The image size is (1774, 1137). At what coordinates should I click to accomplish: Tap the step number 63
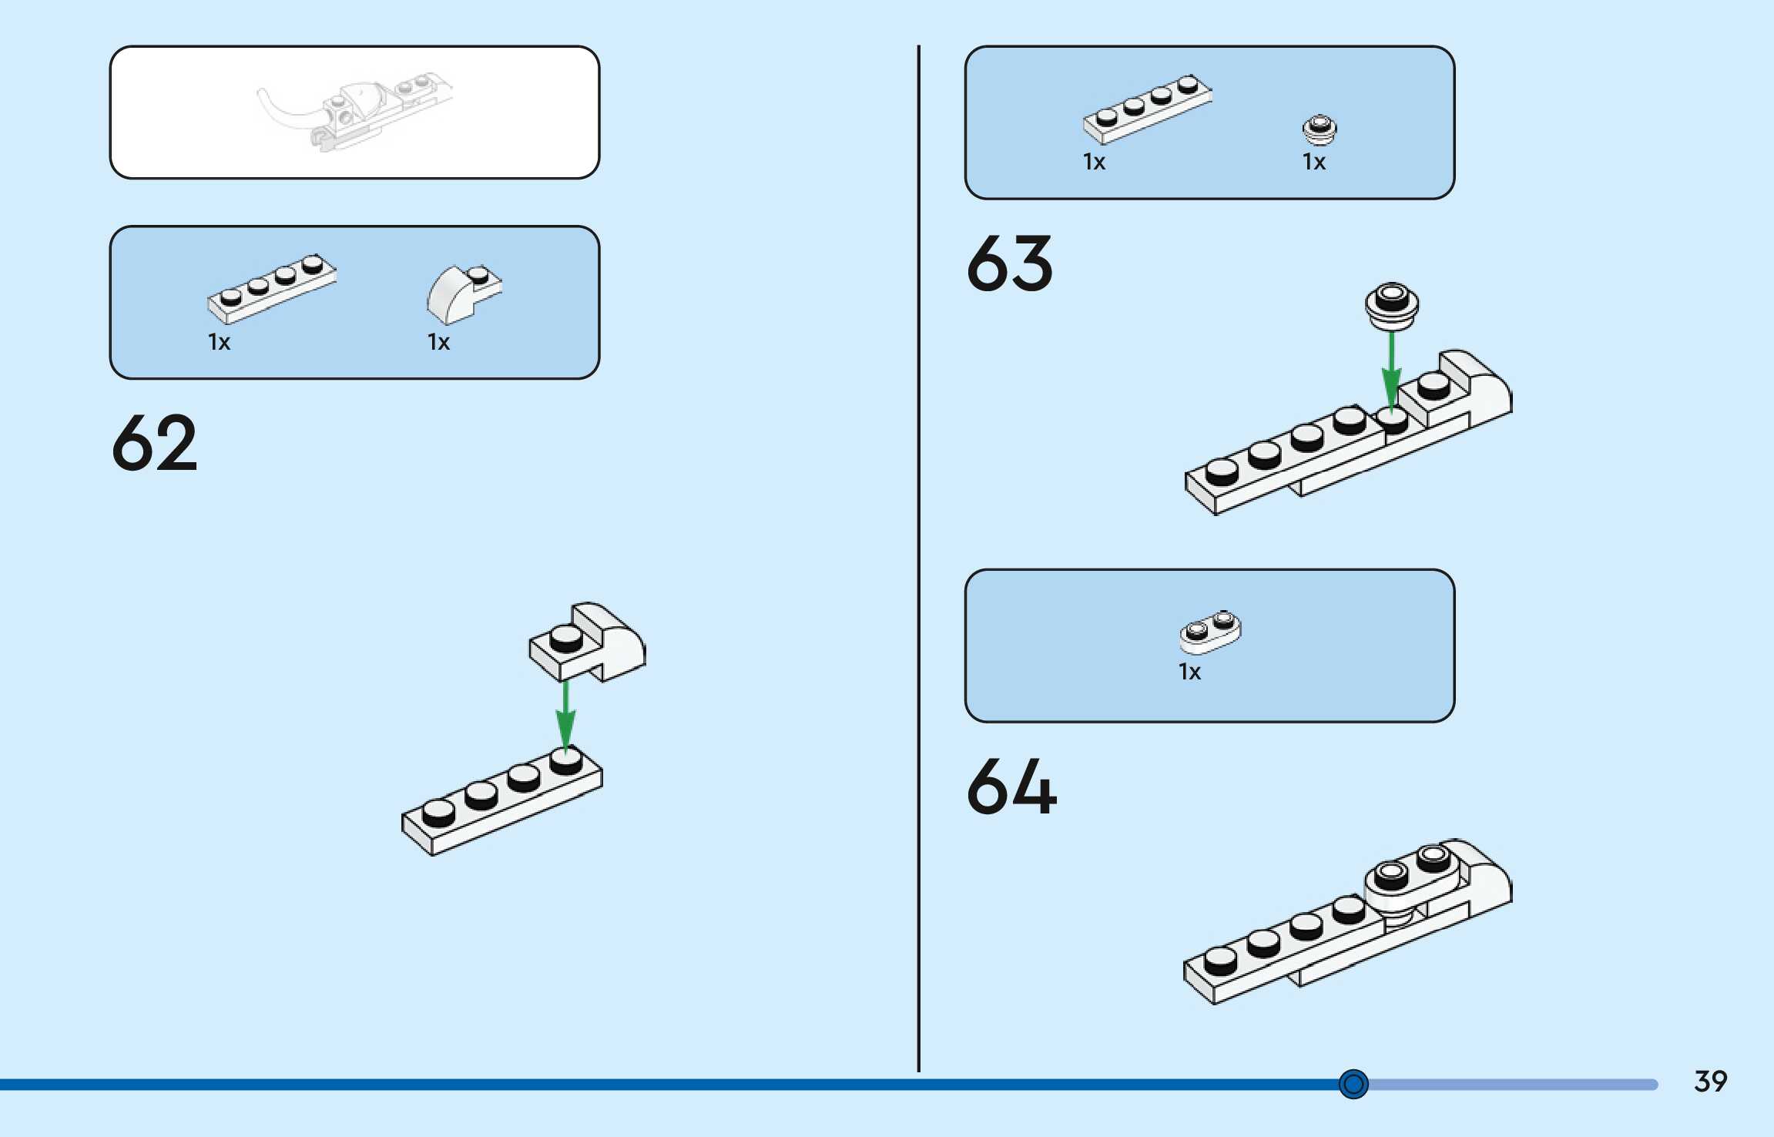1009,264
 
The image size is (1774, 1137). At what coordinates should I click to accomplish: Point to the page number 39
1710,1082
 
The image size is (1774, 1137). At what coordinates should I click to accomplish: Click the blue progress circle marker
1353,1085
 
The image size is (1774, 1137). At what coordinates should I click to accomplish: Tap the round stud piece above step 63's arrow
1391,305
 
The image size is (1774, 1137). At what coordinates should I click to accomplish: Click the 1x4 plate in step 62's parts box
271,288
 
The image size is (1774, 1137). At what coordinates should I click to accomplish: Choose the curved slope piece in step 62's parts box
463,293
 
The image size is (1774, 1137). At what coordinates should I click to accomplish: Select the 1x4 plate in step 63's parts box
1146,109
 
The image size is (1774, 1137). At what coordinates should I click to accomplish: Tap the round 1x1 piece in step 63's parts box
1320,129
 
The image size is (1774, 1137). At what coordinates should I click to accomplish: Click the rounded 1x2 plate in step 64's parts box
1210,632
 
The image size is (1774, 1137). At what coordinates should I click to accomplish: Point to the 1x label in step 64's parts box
1189,672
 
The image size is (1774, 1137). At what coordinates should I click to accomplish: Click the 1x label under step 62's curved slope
438,342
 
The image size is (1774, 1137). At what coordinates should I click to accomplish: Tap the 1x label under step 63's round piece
1313,162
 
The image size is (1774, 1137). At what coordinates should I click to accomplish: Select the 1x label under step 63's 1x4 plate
1094,162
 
